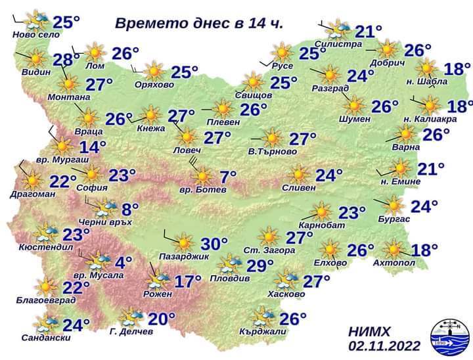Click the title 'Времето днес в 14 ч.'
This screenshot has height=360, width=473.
pyautogui.click(x=199, y=24)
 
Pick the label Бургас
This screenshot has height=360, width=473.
pyautogui.click(x=394, y=219)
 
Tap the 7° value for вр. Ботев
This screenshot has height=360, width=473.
pyautogui.click(x=227, y=177)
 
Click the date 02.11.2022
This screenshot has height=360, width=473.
pyautogui.click(x=384, y=346)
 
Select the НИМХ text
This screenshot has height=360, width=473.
pyautogui.click(x=372, y=332)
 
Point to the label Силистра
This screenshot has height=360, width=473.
pyautogui.click(x=338, y=44)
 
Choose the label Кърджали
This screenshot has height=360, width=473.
pyautogui.click(x=263, y=332)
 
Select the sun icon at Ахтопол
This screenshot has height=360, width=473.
pyautogui.click(x=394, y=250)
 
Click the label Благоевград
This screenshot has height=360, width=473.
pyautogui.click(x=45, y=300)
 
